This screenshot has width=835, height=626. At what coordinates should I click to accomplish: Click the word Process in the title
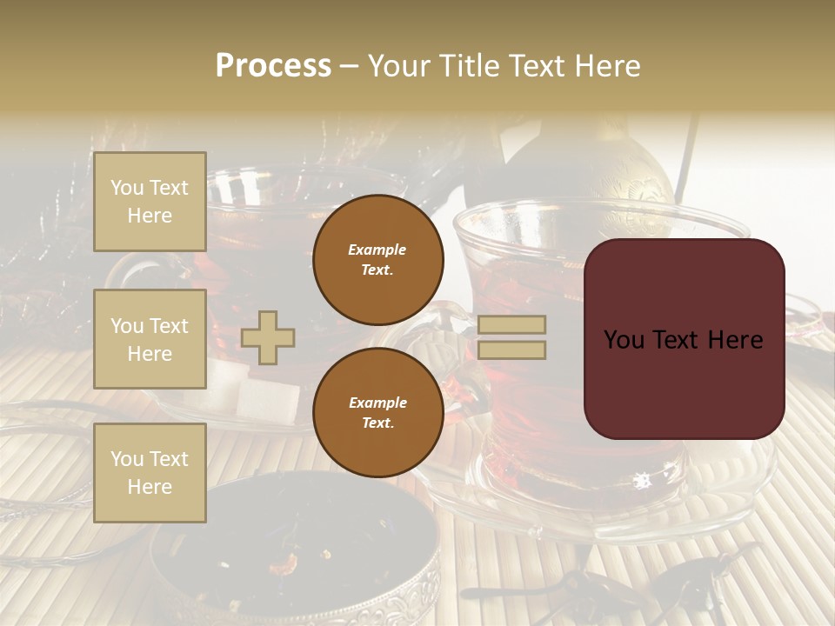(x=273, y=66)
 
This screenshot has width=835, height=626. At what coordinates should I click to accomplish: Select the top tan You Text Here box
(x=150, y=202)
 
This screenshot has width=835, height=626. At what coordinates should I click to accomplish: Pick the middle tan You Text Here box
(x=150, y=339)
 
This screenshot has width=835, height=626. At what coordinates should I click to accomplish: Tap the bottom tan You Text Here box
(x=150, y=472)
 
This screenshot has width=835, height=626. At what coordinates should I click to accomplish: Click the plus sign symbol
(x=268, y=337)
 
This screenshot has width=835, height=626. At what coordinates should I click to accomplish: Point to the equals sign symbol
(x=512, y=337)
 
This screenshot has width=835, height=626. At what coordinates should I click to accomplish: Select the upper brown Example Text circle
(x=377, y=259)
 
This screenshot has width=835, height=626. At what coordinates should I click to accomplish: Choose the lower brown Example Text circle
(x=377, y=412)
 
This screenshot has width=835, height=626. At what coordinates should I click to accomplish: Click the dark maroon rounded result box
(x=684, y=338)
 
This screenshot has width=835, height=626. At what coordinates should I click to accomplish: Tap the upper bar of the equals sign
(x=512, y=325)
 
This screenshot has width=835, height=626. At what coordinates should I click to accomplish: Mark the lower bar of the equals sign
(x=512, y=350)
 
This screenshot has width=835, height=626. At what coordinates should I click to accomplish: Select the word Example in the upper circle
(x=377, y=250)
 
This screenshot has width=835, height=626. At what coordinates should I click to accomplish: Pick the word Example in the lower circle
(x=377, y=403)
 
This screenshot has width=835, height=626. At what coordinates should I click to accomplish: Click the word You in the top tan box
(x=127, y=188)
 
